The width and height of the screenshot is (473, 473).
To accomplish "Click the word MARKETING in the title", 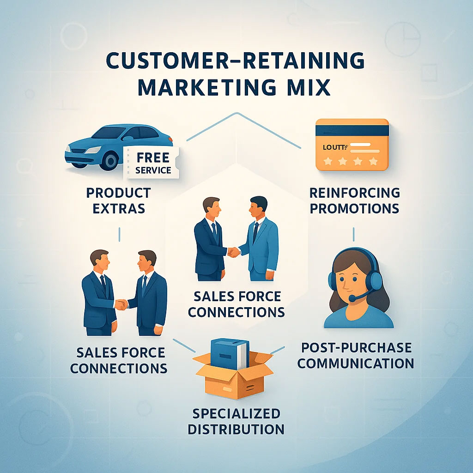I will [204, 87].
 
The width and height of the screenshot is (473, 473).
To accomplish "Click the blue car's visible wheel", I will [109, 160].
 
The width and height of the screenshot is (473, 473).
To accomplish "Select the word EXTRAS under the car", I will [119, 208].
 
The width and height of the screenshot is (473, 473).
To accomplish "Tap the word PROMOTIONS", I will [354, 208].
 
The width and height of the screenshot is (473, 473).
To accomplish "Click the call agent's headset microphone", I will [352, 299].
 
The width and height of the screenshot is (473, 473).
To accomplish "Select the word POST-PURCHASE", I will [355, 347].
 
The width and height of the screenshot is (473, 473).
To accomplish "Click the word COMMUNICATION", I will [355, 363].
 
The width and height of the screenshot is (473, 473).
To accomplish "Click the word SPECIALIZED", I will [236, 412].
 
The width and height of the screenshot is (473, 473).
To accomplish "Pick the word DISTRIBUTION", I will [236, 429].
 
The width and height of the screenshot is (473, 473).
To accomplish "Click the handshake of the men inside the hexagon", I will [234, 252].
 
